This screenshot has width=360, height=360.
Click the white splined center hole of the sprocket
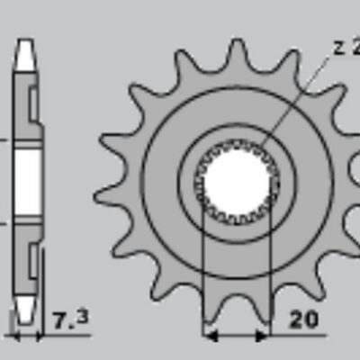click(236, 180)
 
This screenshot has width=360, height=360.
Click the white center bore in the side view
click(28, 180)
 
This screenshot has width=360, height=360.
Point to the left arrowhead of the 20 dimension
click(211, 337)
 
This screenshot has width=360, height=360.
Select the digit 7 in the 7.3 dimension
click(59, 320)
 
